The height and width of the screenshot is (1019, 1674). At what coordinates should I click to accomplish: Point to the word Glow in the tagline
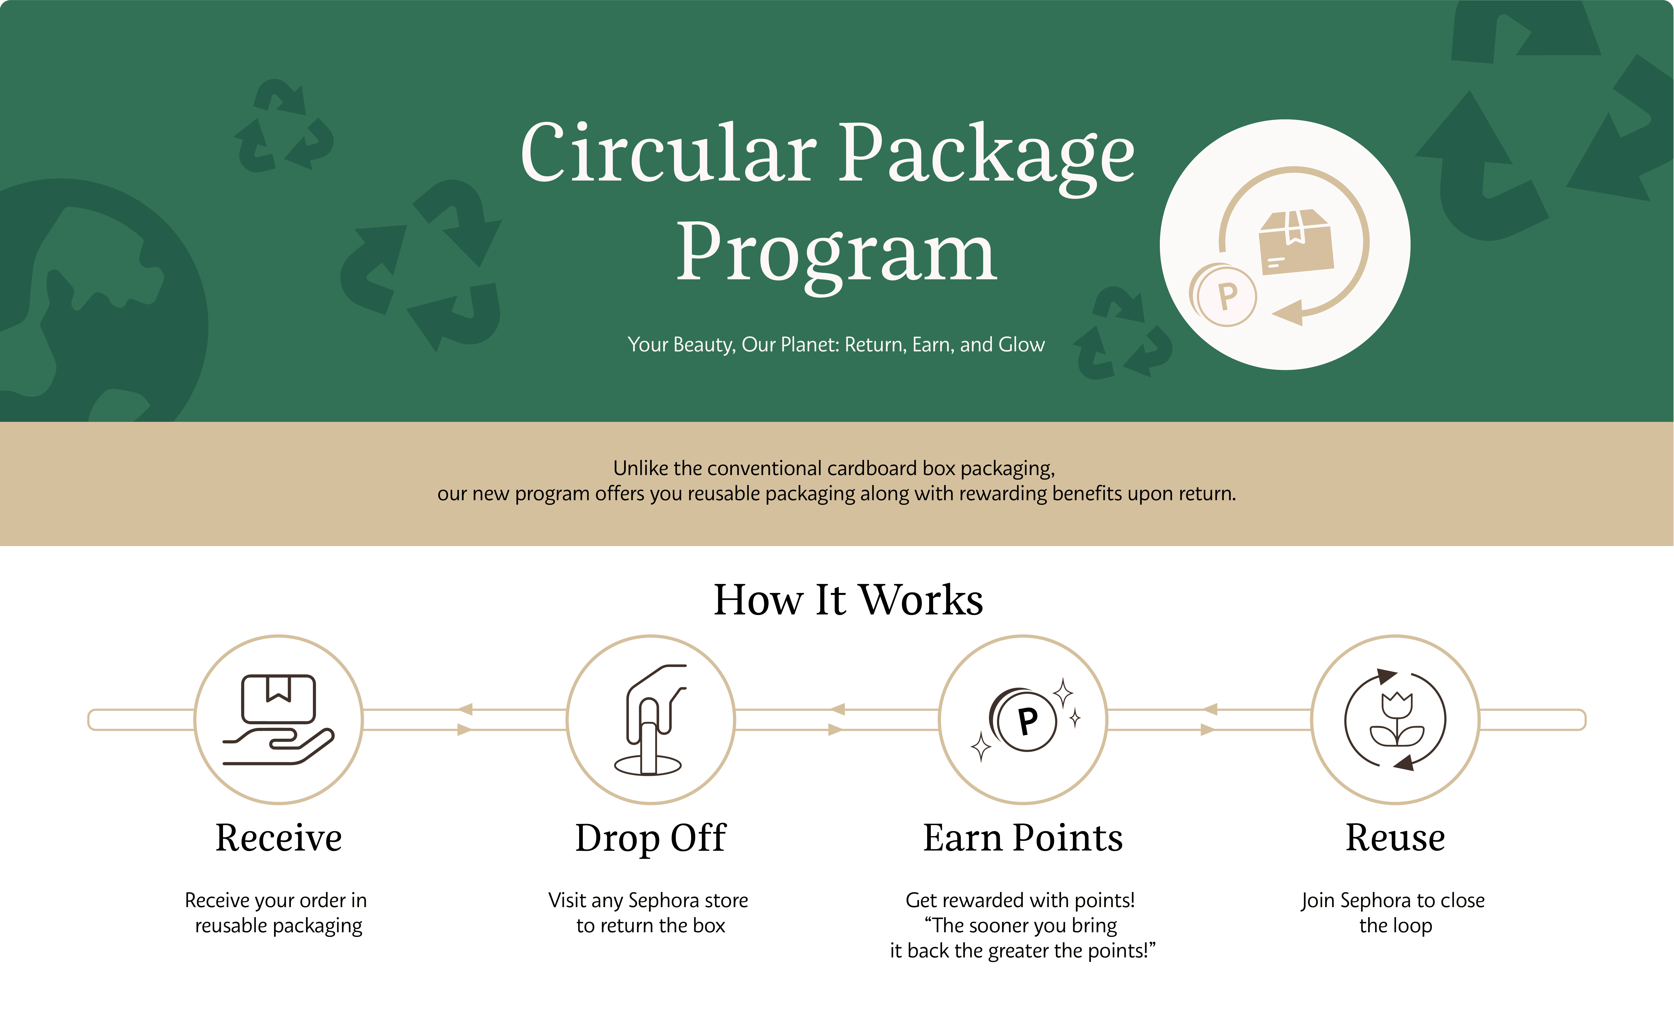point(1021,345)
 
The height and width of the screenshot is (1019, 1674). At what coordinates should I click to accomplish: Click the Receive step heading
point(279,838)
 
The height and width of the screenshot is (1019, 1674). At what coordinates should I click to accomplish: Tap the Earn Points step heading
point(1023,838)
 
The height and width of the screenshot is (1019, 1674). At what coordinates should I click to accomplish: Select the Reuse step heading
point(1395,838)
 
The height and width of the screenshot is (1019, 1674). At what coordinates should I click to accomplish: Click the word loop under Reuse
point(1414,927)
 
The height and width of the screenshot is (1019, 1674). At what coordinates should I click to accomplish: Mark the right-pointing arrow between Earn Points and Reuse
point(1208,730)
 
